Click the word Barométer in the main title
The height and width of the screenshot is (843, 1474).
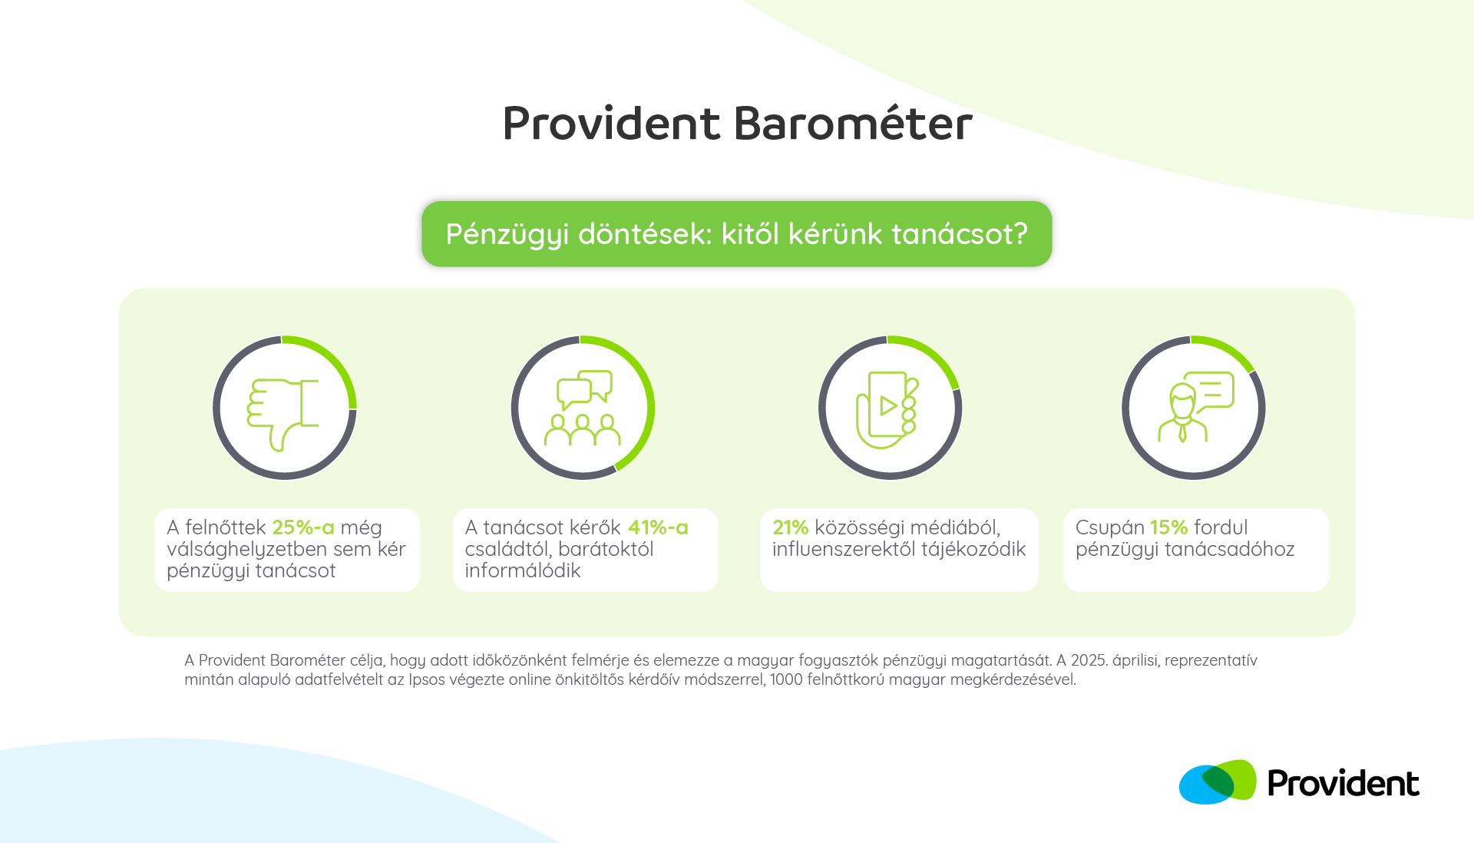(x=853, y=123)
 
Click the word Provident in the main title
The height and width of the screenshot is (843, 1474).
(x=612, y=123)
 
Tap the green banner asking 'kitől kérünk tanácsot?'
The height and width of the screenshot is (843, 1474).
(x=737, y=234)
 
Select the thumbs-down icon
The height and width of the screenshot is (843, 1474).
(x=283, y=413)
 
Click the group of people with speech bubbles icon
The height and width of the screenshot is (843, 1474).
(x=583, y=408)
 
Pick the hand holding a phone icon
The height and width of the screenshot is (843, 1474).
(x=887, y=410)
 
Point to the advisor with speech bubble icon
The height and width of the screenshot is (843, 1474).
(x=1195, y=407)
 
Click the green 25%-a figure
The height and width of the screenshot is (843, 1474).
(x=303, y=527)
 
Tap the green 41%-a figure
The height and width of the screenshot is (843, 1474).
(x=658, y=527)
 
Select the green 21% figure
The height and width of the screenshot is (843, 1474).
(x=790, y=527)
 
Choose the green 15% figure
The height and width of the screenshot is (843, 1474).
(x=1168, y=527)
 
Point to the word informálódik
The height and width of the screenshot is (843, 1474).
(x=523, y=570)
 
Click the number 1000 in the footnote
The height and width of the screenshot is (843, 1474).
(x=786, y=679)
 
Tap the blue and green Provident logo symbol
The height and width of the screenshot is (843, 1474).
(x=1218, y=782)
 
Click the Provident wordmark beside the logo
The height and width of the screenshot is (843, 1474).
(x=1343, y=783)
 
